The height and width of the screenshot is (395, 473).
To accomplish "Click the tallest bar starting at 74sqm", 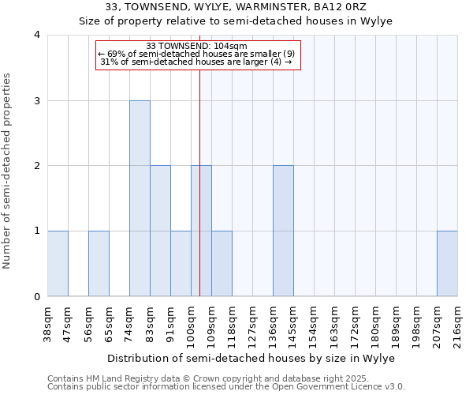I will [x=140, y=198].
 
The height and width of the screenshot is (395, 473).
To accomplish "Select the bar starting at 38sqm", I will [x=58, y=264].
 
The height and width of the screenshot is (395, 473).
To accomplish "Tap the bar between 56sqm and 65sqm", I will [x=99, y=264].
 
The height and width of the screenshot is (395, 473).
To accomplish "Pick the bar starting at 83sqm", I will [x=160, y=231].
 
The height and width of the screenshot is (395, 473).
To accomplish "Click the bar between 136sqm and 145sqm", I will [x=283, y=231].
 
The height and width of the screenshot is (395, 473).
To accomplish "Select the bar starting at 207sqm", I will [x=447, y=264].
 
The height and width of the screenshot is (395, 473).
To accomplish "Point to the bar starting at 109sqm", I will [x=222, y=264].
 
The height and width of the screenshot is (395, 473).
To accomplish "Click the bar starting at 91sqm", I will [x=181, y=264].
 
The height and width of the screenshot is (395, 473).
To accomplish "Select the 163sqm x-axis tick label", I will [x=335, y=324].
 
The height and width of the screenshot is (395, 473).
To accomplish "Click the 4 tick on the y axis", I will [x=37, y=35].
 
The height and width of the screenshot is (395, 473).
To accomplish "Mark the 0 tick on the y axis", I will [x=37, y=297].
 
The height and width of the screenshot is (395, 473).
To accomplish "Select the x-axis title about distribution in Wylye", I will [x=252, y=358].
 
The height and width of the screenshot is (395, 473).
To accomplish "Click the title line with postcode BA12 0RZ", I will [x=236, y=7].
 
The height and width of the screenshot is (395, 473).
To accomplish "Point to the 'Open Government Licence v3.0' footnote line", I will [x=226, y=387].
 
